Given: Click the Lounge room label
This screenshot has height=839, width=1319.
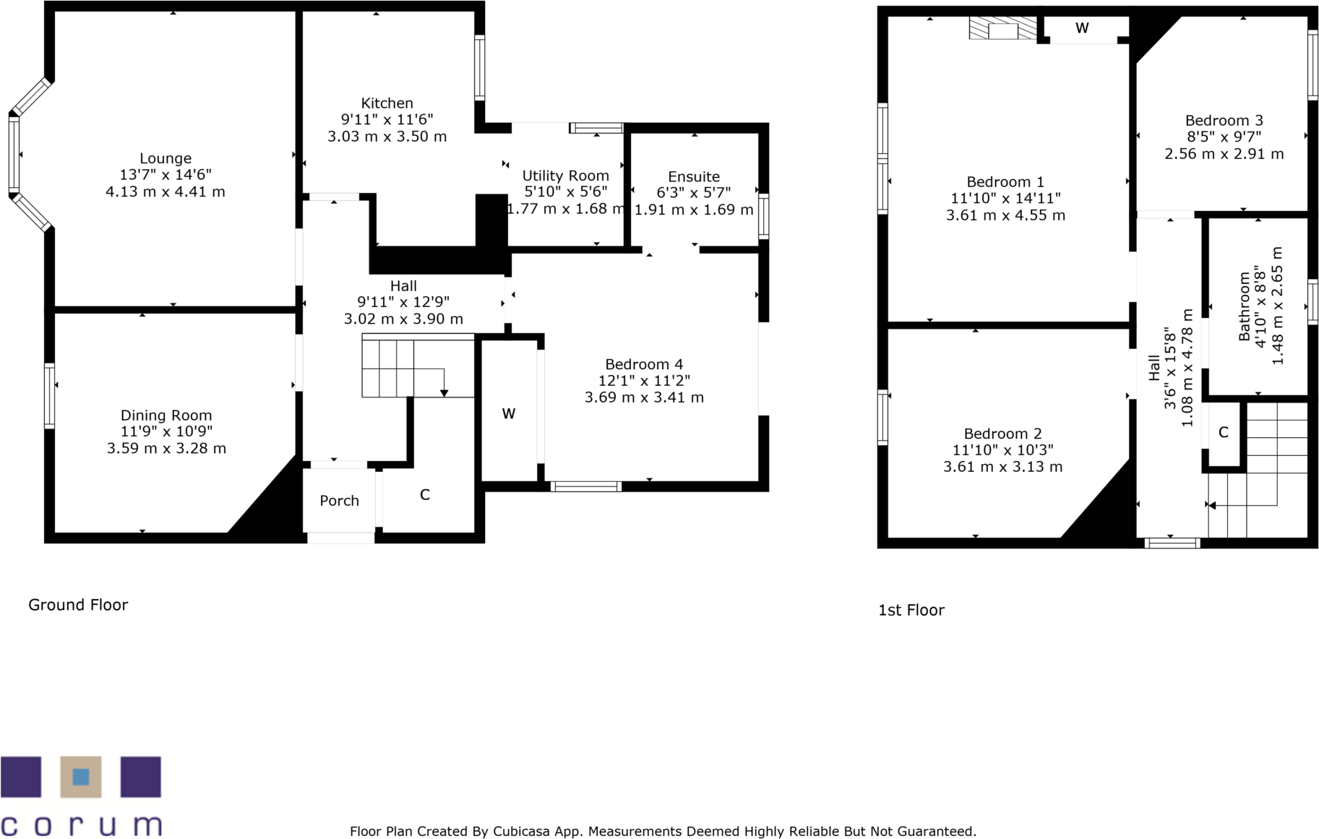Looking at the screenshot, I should click(x=166, y=158).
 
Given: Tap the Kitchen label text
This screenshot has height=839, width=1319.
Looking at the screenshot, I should click(x=387, y=103).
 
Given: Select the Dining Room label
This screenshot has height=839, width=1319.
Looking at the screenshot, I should click(x=166, y=416).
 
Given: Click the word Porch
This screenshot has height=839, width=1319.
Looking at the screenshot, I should click(x=339, y=501).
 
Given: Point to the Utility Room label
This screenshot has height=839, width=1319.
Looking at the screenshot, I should click(x=565, y=176).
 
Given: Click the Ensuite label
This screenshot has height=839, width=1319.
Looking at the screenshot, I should click(x=694, y=176).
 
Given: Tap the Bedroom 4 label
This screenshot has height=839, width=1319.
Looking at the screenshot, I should click(x=643, y=364).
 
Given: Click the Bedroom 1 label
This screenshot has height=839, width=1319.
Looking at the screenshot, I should click(x=1005, y=182).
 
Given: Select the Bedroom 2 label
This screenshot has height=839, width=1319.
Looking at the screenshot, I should click(x=1002, y=434).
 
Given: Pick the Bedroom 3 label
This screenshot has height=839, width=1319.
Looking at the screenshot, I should click(x=1224, y=121).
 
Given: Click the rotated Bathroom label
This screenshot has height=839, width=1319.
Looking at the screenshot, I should click(x=1244, y=306).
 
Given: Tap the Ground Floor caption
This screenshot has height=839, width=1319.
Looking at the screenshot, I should click(x=78, y=605).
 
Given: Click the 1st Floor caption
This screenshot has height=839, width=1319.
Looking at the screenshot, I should click(x=911, y=610).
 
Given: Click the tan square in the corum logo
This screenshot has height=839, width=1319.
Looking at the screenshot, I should click(x=81, y=777).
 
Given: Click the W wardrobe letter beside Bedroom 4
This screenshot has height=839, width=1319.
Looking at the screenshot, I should click(x=509, y=414).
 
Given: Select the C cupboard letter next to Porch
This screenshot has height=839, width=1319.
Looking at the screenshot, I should click(x=425, y=494).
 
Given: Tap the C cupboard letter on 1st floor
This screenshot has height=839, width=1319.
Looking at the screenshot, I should click(x=1223, y=432).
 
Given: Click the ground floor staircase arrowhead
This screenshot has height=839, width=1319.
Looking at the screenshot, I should click(x=444, y=392).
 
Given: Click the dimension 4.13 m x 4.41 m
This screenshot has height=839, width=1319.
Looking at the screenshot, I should click(x=166, y=192).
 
